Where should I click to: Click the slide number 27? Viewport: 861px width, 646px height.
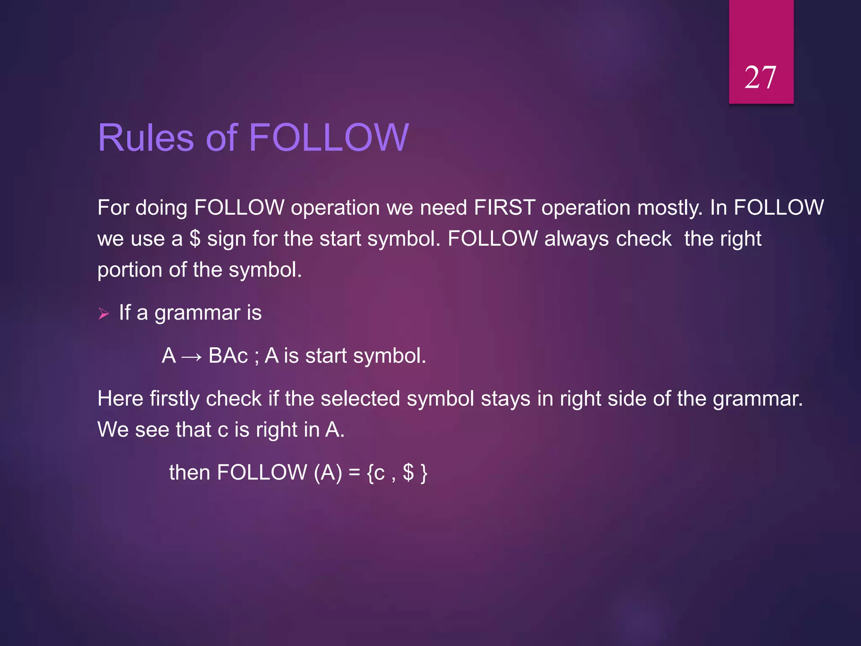tap(760, 78)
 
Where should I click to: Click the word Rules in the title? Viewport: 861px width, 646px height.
tap(145, 138)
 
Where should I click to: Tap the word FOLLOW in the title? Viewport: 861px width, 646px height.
tap(329, 138)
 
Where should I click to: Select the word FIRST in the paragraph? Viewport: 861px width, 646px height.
tap(504, 208)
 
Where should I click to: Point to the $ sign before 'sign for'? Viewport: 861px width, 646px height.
tap(195, 239)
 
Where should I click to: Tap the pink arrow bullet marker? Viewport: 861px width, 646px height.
tap(103, 313)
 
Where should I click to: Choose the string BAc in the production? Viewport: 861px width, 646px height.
tap(228, 356)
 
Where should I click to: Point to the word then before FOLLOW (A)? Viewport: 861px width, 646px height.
tap(189, 472)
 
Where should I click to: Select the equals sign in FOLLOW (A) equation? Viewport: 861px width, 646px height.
tap(354, 473)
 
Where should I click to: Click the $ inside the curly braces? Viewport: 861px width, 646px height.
tap(408, 472)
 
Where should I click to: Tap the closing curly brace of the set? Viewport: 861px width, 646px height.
tap(424, 473)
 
